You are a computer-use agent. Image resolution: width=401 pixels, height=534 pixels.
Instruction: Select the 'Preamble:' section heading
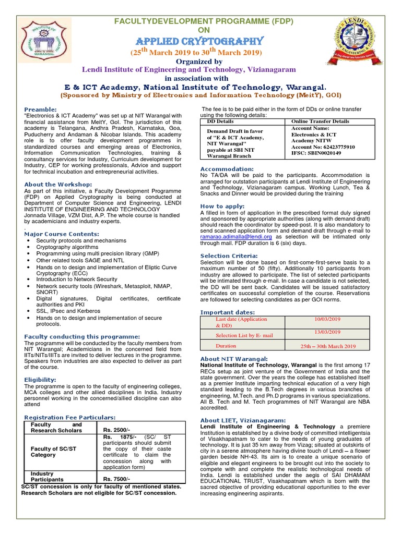point(41,109)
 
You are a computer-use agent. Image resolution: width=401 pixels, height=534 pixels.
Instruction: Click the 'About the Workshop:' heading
point(58,184)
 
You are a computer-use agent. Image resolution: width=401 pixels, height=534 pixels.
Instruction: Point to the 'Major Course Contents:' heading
point(62,234)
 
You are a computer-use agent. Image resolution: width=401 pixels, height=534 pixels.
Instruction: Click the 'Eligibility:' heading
point(40,380)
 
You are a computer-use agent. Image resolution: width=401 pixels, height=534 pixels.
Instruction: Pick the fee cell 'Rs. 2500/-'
point(117,429)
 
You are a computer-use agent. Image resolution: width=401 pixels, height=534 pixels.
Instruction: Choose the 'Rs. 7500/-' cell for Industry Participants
point(117,479)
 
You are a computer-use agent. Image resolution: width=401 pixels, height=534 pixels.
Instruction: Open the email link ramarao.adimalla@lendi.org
point(236,236)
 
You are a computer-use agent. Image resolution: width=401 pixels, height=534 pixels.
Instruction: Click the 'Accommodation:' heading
point(227,169)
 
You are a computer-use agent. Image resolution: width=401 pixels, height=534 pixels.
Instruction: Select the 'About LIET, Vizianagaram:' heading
point(243,420)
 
